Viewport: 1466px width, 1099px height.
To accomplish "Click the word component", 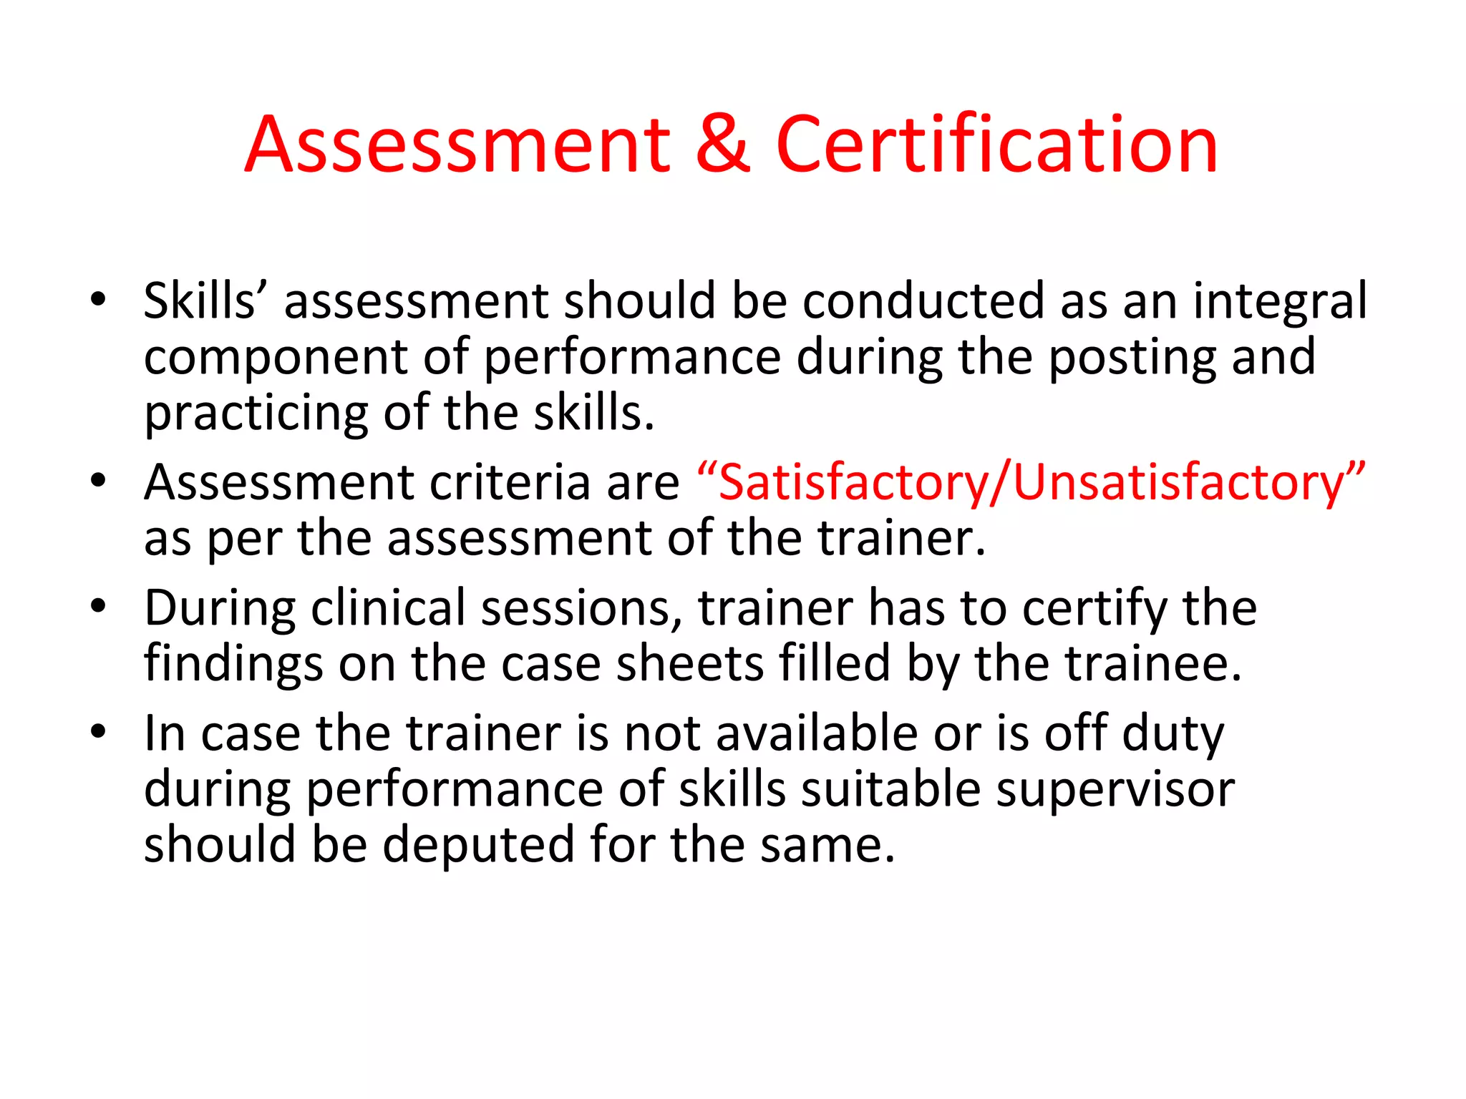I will tap(276, 358).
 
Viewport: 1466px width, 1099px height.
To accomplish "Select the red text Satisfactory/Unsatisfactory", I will tap(1031, 483).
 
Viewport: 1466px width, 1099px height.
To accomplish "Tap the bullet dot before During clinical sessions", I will tap(98, 607).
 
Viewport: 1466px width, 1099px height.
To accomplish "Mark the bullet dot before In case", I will tap(98, 732).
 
